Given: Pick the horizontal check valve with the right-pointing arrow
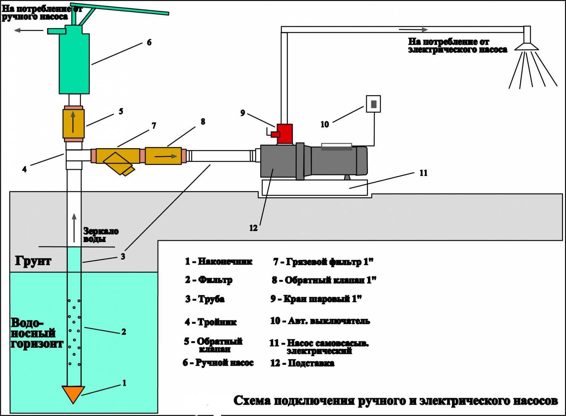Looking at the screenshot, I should [163, 155].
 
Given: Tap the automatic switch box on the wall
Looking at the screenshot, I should [373, 104].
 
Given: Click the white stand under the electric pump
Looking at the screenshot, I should [313, 187].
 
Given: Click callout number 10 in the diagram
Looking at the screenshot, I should [325, 124].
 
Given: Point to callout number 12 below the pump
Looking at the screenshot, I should [253, 228].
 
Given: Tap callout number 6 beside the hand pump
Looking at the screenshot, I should [149, 42].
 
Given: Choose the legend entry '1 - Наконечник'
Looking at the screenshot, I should [218, 261].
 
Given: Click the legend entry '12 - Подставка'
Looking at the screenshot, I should [302, 363].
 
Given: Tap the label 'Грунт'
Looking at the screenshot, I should [33, 260].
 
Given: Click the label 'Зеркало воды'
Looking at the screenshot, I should [101, 235].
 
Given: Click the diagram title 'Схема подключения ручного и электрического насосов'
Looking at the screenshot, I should [395, 401].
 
